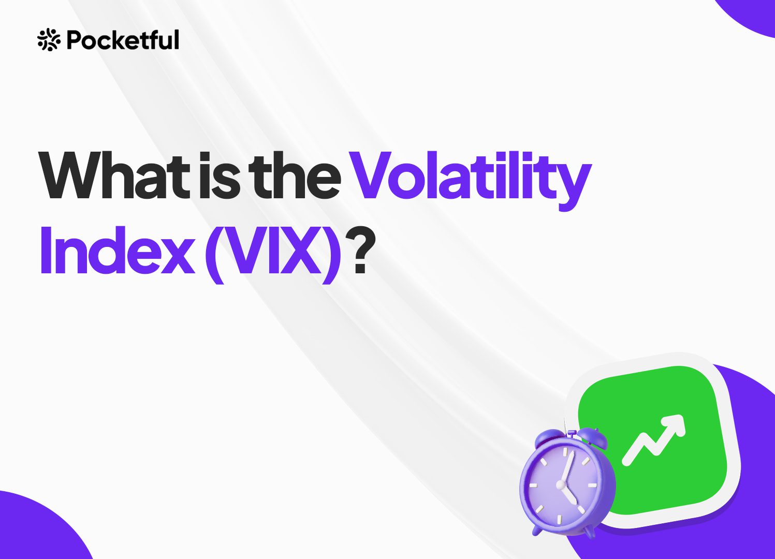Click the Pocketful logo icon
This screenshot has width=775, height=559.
[49, 40]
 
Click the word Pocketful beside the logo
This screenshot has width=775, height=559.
[123, 40]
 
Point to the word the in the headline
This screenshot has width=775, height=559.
[294, 175]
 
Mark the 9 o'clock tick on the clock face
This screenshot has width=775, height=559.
[533, 486]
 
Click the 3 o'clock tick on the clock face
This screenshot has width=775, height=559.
[592, 486]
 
